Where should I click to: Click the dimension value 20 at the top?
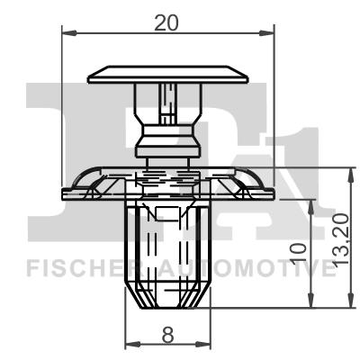click(x=166, y=24)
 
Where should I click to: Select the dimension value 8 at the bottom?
click(x=166, y=335)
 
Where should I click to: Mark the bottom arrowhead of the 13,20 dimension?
click(x=346, y=303)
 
